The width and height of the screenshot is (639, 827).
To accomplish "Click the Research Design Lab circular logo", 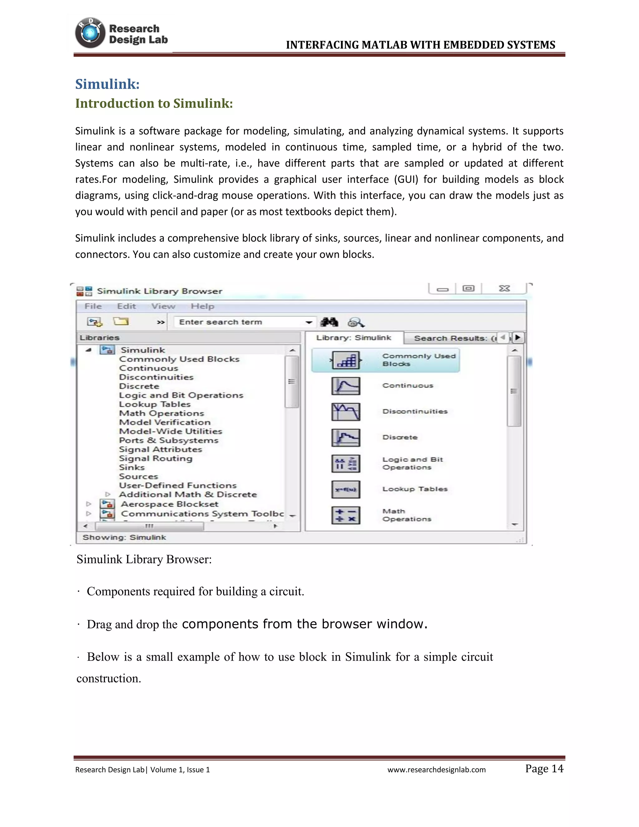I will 90,33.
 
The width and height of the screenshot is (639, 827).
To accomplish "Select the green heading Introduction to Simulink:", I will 154,103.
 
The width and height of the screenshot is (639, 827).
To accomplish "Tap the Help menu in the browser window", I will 202,306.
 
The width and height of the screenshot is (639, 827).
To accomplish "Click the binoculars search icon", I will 329,322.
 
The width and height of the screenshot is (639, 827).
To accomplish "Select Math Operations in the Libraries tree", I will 161,413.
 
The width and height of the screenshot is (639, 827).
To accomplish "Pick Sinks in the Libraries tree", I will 132,467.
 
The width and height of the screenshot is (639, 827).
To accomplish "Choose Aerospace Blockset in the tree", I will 169,504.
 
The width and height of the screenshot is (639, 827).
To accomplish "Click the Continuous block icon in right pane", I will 346,386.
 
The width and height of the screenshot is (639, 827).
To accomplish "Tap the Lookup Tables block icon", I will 346,489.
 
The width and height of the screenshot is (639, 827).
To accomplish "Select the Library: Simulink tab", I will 354,338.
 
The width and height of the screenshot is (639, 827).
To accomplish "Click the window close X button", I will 504,289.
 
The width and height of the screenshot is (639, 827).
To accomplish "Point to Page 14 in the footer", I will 544,768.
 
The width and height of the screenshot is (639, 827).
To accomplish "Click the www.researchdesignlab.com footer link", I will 436,770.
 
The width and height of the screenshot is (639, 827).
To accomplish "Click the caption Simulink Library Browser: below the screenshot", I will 144,559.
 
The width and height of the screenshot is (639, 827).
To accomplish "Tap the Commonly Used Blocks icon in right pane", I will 346,360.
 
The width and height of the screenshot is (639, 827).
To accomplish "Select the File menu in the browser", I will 93,306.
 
